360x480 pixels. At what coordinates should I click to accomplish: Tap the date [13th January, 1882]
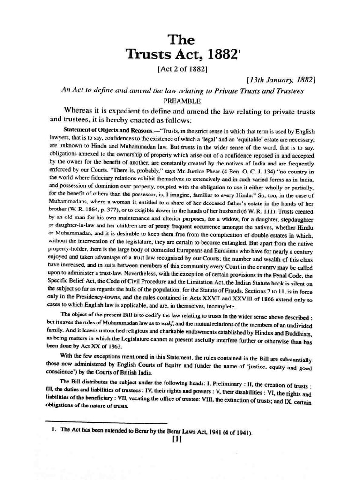coord(281,80)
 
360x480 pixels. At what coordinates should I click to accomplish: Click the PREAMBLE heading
coord(182,101)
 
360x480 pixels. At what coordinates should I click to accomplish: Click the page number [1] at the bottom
coord(177,440)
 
